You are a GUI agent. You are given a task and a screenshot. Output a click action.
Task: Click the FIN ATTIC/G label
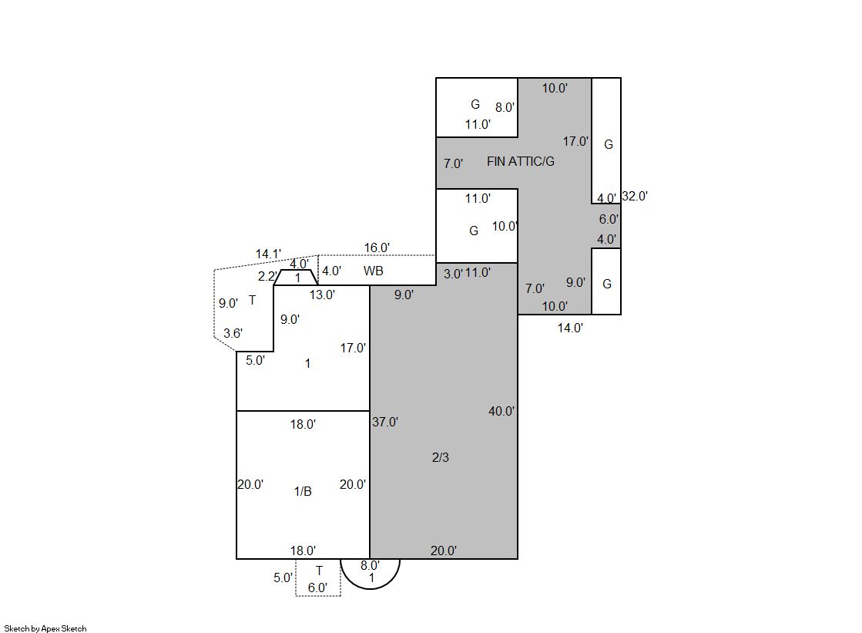(520, 161)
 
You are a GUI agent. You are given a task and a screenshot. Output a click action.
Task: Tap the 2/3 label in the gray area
(441, 457)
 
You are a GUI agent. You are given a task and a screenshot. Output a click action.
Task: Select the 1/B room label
(303, 491)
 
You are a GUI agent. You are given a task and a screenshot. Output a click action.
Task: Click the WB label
(374, 271)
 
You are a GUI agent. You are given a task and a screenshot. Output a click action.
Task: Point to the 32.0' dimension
(635, 196)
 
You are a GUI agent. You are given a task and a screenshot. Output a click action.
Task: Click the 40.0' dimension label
(501, 411)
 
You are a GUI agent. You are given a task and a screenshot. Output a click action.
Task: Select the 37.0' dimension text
(385, 423)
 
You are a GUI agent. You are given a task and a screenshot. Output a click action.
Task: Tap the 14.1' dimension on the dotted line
(268, 254)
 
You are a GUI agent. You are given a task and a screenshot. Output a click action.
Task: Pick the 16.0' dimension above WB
(377, 247)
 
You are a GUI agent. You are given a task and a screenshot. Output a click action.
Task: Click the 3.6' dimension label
(233, 333)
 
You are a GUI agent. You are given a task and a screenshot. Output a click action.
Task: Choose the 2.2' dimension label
(267, 276)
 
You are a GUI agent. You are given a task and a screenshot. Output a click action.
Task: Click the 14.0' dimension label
(570, 328)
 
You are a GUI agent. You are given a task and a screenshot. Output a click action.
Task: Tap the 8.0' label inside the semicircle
(370, 565)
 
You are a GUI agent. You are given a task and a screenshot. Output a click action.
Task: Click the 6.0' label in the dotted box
(317, 588)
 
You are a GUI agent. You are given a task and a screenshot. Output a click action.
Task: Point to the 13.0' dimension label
(321, 295)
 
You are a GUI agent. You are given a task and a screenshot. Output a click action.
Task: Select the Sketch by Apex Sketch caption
(45, 628)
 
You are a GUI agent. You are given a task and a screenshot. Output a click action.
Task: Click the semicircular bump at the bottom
(370, 589)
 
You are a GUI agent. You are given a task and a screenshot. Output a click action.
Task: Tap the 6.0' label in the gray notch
(609, 219)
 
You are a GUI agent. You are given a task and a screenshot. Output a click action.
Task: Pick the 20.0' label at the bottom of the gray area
(444, 551)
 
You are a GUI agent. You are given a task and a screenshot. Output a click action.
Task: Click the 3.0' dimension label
(453, 274)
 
